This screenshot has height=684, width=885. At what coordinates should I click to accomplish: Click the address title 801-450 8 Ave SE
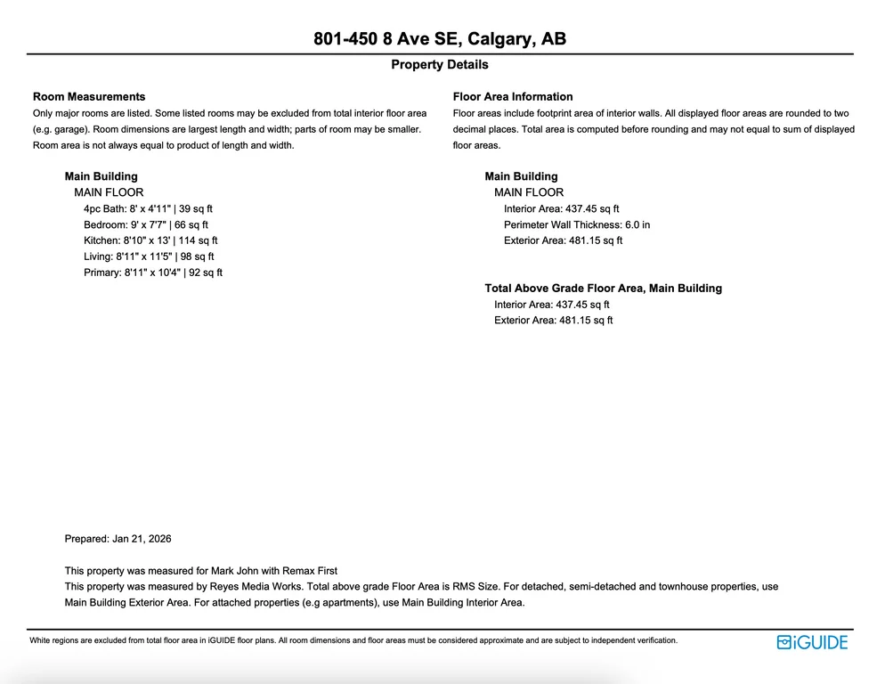(x=440, y=39)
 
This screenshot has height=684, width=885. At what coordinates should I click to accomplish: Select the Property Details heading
(x=440, y=65)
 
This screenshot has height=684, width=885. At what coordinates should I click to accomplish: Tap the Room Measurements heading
(x=89, y=97)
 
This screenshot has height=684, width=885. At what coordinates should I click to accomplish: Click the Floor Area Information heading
(x=513, y=97)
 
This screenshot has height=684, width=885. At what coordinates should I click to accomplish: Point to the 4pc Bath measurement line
(x=148, y=208)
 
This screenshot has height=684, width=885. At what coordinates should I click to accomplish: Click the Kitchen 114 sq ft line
(x=150, y=240)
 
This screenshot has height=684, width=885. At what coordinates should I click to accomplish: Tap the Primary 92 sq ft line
(x=153, y=273)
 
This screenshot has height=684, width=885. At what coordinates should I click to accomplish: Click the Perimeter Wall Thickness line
(x=577, y=224)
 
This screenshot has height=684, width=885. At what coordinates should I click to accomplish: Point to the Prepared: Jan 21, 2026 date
(x=118, y=539)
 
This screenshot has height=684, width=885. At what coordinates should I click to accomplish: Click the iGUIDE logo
(x=812, y=642)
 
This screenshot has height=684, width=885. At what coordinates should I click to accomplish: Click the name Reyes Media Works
(x=249, y=587)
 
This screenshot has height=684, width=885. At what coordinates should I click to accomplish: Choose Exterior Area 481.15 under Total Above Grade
(x=553, y=321)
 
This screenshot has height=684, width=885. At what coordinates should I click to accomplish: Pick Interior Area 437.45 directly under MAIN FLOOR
(x=561, y=208)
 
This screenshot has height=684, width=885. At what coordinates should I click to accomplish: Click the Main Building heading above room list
(x=101, y=176)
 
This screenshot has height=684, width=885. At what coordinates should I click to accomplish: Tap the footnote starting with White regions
(x=353, y=640)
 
